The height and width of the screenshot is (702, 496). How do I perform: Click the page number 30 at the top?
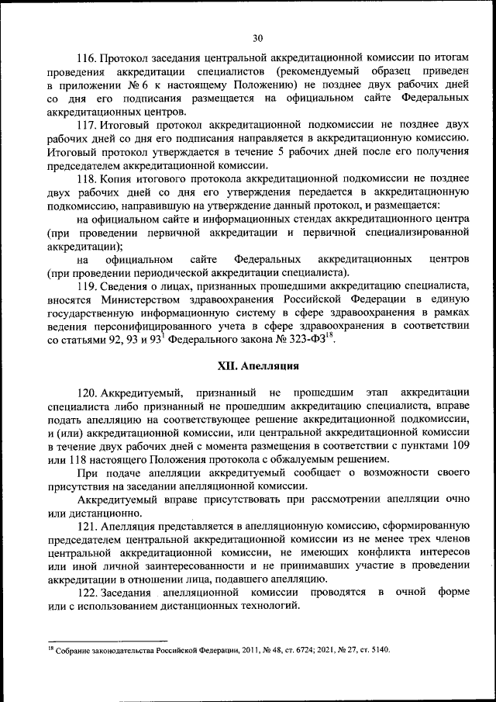(258, 36)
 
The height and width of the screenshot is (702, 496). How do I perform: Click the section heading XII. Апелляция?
(257, 365)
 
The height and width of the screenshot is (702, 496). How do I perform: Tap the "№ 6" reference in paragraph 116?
(133, 85)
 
